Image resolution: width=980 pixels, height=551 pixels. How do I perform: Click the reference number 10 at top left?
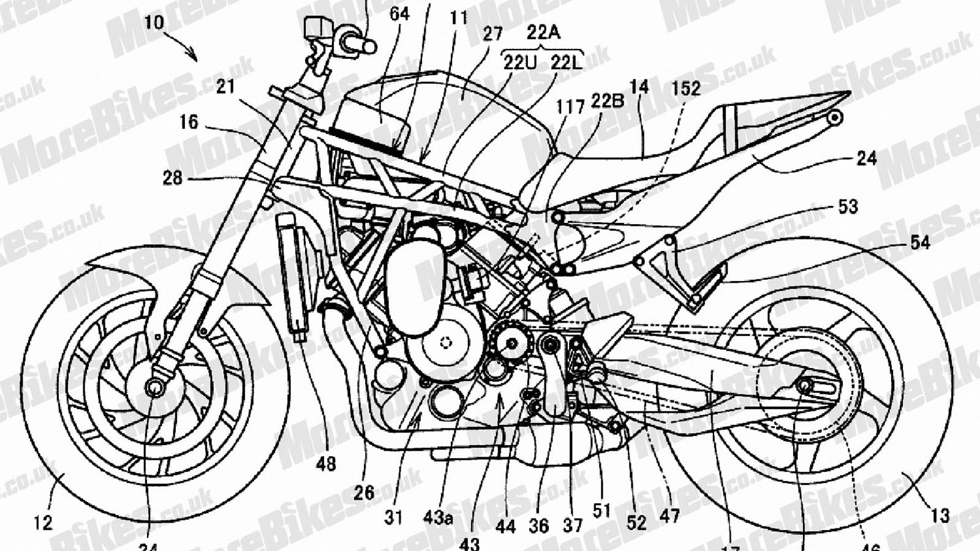pyautogui.click(x=155, y=23)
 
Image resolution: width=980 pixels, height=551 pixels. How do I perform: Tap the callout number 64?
pyautogui.click(x=399, y=13)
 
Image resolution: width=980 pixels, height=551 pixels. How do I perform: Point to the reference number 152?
pyautogui.click(x=685, y=89)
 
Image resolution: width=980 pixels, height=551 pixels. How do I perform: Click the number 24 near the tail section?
pyautogui.click(x=866, y=159)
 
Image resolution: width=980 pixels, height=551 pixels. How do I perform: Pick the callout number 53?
pyautogui.click(x=848, y=207)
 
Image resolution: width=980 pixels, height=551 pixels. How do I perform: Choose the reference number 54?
pyautogui.click(x=919, y=243)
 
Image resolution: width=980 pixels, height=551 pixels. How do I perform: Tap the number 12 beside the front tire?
pyautogui.click(x=43, y=522)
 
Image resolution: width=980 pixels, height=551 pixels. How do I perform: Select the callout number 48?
pyautogui.click(x=326, y=464)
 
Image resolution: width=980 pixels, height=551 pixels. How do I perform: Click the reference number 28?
pyautogui.click(x=173, y=178)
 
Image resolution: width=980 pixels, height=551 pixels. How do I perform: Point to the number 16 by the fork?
pyautogui.click(x=189, y=122)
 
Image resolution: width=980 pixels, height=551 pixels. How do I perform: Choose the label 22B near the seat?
pyautogui.click(x=607, y=101)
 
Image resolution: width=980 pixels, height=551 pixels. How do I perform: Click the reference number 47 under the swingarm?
pyautogui.click(x=670, y=517)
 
